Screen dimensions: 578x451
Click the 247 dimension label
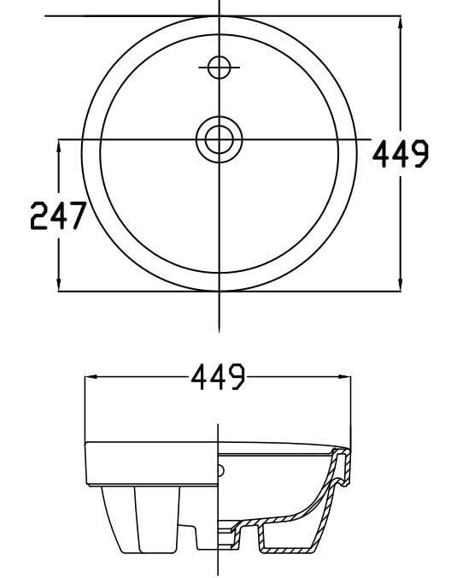pyautogui.click(x=58, y=216)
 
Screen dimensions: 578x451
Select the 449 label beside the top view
pyautogui.click(x=401, y=155)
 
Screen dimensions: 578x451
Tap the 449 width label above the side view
pyautogui.click(x=218, y=376)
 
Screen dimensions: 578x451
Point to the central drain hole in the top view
pyautogui.click(x=220, y=139)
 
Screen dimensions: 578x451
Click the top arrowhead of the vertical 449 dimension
pyautogui.click(x=400, y=21)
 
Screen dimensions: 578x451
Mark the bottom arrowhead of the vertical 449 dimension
pyautogui.click(x=400, y=285)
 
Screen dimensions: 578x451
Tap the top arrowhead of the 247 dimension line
pyautogui.click(x=59, y=145)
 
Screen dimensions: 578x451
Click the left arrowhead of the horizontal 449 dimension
pyautogui.click(x=91, y=376)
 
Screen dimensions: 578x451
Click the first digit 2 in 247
pyautogui.click(x=39, y=216)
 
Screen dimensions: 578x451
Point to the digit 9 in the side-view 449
pyautogui.click(x=237, y=376)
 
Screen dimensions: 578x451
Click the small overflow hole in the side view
pyautogui.click(x=222, y=469)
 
